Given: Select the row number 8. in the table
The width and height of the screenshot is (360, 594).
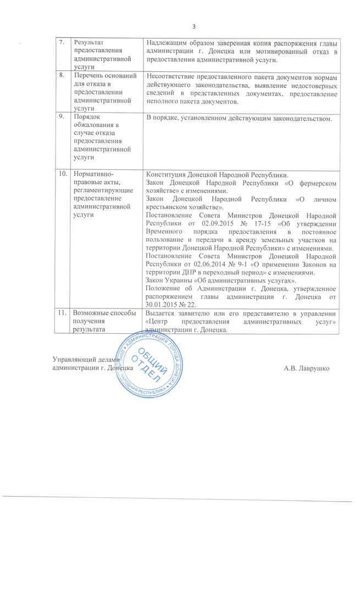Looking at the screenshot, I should click(x=63, y=76).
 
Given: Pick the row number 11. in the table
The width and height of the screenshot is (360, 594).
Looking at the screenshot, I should click(x=64, y=312).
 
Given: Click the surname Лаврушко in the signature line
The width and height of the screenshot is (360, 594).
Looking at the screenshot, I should click(x=311, y=366).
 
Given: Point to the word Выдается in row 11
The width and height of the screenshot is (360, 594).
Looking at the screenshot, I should click(x=159, y=312).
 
